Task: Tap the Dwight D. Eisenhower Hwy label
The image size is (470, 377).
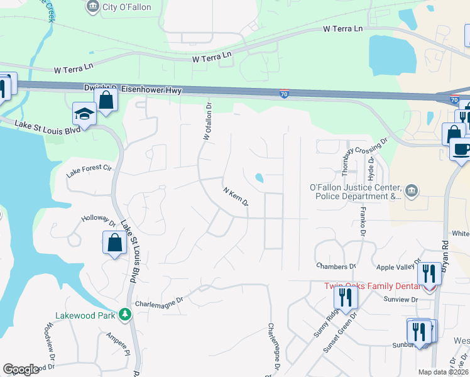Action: click(x=133, y=89)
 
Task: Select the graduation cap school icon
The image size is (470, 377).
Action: click(x=84, y=114)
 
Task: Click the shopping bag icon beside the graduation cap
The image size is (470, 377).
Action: click(x=106, y=101)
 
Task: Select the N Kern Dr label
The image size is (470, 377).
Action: click(x=236, y=195)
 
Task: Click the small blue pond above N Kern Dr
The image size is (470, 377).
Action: click(x=259, y=179)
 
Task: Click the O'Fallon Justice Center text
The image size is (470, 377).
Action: click(x=355, y=187)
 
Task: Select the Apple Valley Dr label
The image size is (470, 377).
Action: click(x=395, y=267)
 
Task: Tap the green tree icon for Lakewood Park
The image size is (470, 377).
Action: click(x=126, y=314)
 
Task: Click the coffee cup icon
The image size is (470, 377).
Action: click(x=461, y=150)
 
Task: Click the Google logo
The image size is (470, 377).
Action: click(x=21, y=369)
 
